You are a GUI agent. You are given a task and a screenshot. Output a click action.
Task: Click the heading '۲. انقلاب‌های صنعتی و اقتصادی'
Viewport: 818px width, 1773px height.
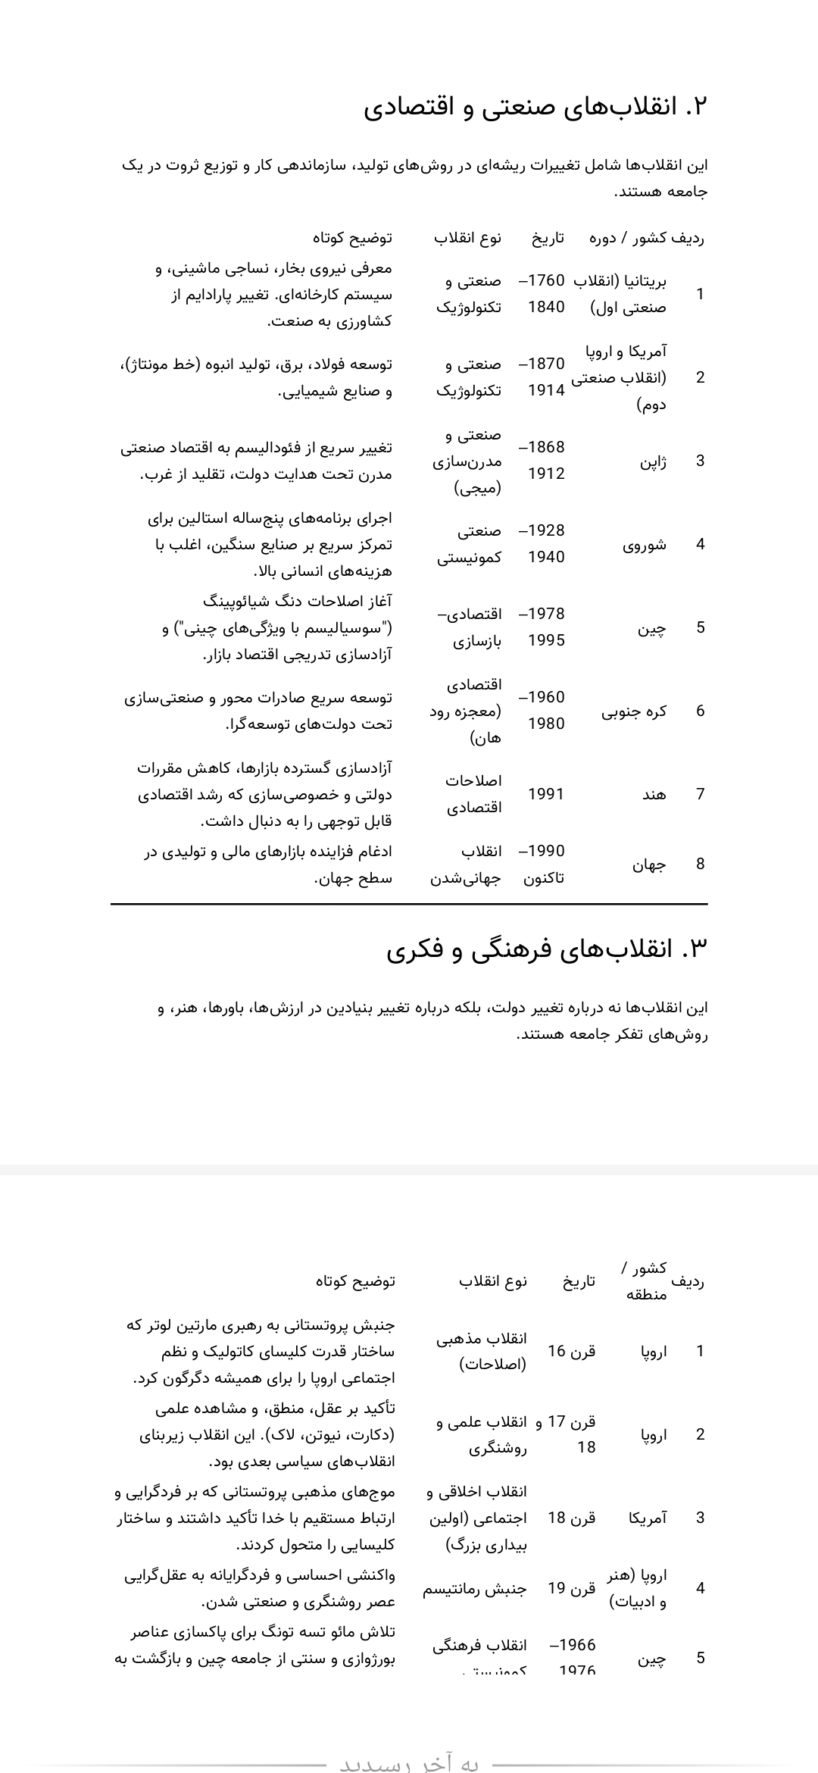(535, 107)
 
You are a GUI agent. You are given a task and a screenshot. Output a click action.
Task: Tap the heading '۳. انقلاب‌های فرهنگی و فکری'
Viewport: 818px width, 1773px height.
(547, 949)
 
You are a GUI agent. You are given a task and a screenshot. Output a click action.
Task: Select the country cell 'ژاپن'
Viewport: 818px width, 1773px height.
(653, 461)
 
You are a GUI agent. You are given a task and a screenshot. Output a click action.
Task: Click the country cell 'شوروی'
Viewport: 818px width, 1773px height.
(645, 544)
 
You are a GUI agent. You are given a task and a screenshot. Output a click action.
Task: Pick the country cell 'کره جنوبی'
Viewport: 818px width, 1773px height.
(635, 711)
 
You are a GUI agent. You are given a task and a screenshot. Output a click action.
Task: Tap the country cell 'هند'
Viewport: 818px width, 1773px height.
(654, 794)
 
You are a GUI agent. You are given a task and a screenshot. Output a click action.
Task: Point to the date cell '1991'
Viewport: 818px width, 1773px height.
(546, 794)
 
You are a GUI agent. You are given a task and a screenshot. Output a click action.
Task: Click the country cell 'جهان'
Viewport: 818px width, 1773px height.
(650, 865)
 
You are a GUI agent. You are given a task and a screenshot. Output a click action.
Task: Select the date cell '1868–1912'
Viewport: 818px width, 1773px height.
(546, 461)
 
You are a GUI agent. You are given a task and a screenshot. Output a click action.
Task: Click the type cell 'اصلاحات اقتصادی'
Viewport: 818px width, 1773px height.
(473, 794)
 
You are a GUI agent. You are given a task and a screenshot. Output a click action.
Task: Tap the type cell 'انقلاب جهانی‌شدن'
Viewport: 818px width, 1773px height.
(467, 865)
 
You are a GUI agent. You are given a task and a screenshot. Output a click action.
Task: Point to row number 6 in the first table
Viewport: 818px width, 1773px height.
(700, 711)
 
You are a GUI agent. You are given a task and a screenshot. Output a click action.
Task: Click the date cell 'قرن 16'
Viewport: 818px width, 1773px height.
(572, 1351)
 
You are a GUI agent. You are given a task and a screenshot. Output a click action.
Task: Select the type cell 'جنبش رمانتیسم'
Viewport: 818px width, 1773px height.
(474, 1588)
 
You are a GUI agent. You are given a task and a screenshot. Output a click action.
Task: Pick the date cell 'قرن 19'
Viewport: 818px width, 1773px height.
(572, 1588)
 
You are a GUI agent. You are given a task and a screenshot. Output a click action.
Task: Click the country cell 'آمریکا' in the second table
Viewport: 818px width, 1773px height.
(648, 1518)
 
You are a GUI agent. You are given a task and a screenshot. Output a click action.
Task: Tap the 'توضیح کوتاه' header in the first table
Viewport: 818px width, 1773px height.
(352, 238)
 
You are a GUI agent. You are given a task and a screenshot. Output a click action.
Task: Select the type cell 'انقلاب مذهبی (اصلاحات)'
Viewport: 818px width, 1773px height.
(482, 1351)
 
